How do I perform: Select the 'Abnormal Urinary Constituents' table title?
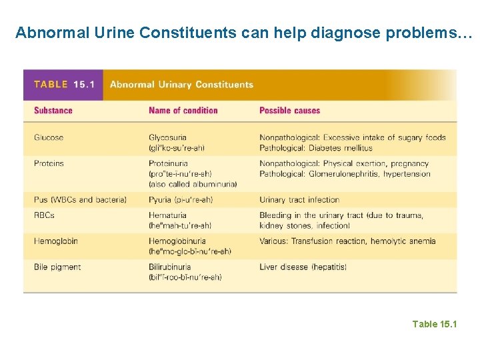(x=181, y=85)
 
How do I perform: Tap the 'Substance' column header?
(x=53, y=111)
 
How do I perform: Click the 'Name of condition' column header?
(x=183, y=111)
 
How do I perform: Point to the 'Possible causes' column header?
(x=289, y=111)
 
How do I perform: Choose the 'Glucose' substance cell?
(x=49, y=137)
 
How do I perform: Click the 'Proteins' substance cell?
(x=49, y=163)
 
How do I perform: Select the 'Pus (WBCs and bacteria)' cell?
(x=80, y=199)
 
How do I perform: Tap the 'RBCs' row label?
(x=44, y=215)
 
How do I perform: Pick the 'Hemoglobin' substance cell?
(x=56, y=241)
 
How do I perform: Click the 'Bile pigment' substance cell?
(x=57, y=267)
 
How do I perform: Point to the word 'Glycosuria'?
(x=167, y=137)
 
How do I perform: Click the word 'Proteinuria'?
(x=168, y=163)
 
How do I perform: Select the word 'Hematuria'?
(x=167, y=215)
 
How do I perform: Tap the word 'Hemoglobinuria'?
(x=177, y=241)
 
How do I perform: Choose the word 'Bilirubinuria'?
(x=170, y=267)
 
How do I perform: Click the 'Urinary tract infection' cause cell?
(x=299, y=199)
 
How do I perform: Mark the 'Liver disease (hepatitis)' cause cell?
(x=303, y=267)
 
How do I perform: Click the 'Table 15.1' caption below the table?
(x=435, y=324)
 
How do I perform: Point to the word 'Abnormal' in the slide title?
(x=45, y=32)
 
